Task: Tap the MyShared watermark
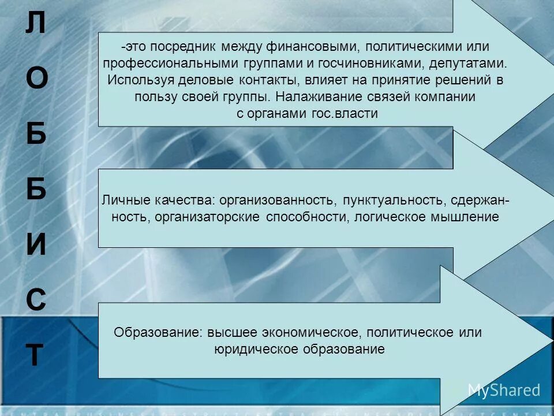click(504, 391)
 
